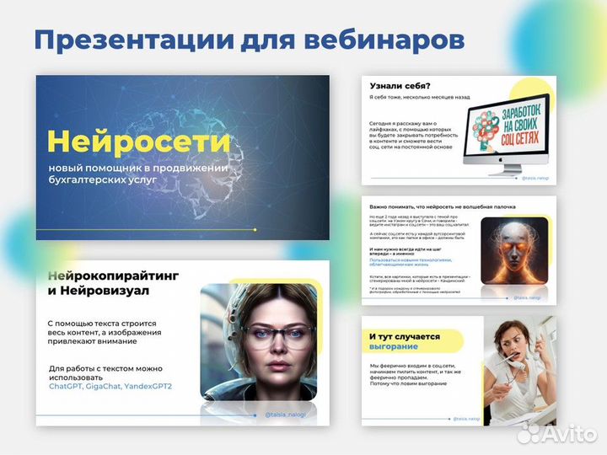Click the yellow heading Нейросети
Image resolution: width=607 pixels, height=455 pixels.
(138, 141)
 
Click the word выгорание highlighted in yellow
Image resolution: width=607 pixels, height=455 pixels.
(394, 346)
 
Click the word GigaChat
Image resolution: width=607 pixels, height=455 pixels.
(108, 386)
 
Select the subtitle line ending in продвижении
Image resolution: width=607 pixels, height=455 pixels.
(138, 167)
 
